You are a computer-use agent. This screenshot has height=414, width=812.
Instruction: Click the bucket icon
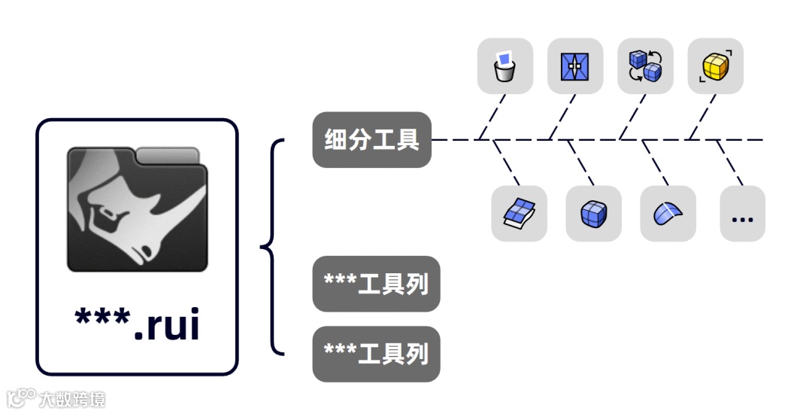click(504, 66)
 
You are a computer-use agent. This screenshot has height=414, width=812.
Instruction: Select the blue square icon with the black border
click(575, 66)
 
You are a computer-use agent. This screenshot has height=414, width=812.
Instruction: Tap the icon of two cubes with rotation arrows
click(645, 66)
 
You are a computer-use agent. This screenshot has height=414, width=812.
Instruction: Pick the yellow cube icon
click(715, 66)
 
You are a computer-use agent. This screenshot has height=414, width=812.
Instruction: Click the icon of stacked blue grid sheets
click(519, 214)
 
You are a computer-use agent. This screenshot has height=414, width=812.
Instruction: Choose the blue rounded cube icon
click(593, 214)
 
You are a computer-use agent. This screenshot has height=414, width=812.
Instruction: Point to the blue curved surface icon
click(668, 214)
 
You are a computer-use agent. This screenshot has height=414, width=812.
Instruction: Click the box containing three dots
click(742, 214)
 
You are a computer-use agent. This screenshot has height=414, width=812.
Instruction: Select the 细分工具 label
click(372, 140)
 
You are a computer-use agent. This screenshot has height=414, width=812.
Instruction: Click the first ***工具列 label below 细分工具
click(376, 284)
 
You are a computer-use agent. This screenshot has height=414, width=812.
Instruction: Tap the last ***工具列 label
click(376, 353)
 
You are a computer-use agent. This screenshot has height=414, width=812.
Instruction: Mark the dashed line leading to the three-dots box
click(729, 163)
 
